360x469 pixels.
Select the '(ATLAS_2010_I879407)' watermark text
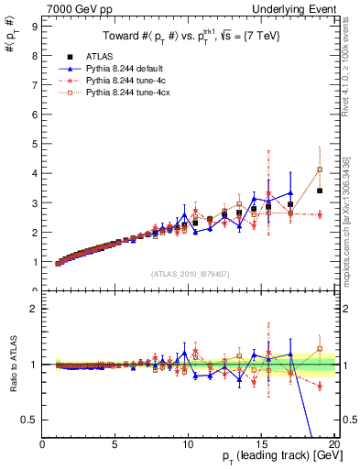click(x=190, y=272)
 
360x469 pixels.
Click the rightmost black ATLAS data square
click(x=320, y=191)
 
